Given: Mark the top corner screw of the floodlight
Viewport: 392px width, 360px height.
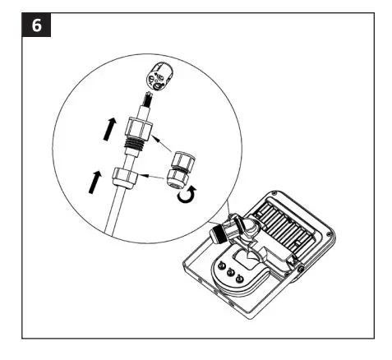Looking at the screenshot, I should tap(279, 190).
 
